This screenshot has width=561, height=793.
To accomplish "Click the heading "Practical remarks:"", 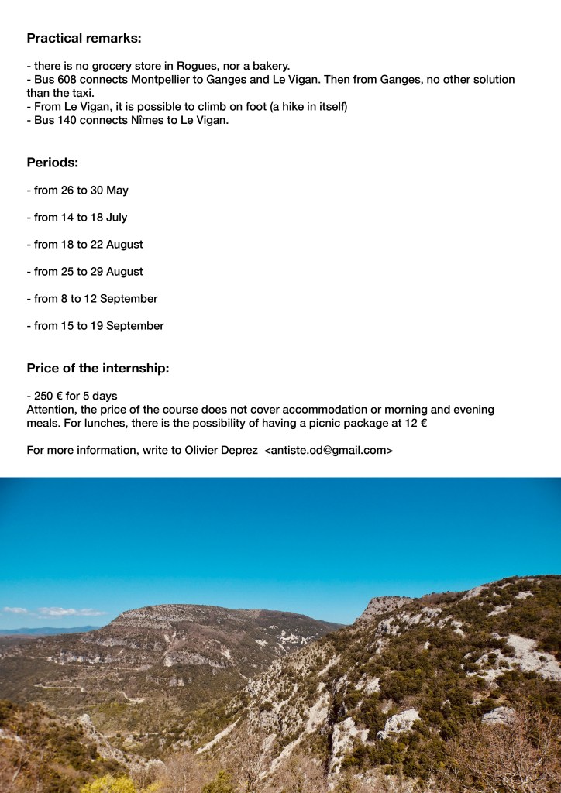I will pyautogui.click(x=84, y=38).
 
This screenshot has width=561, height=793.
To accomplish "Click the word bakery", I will pyautogui.click(x=268, y=66).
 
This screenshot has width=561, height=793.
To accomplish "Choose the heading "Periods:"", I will pyautogui.click(x=52, y=163).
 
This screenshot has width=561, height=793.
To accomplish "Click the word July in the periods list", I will pyautogui.click(x=116, y=218).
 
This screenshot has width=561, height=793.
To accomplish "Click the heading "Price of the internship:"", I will pyautogui.click(x=98, y=369).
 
